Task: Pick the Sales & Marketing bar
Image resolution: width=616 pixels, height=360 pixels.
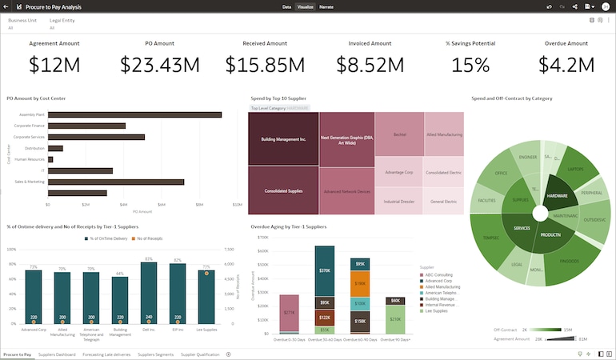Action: pyautogui.click(x=115, y=182)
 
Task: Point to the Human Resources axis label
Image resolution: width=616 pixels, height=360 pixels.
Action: pyautogui.click(x=29, y=159)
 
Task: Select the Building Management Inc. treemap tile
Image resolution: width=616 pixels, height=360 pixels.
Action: pyautogui.click(x=283, y=139)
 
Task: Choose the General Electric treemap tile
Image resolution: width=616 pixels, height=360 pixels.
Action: pyautogui.click(x=443, y=202)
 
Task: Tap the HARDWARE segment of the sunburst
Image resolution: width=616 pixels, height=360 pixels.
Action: pyautogui.click(x=557, y=195)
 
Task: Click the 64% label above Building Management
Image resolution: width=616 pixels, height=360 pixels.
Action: pyautogui.click(x=120, y=274)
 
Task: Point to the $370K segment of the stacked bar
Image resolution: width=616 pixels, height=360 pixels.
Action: pyautogui.click(x=324, y=270)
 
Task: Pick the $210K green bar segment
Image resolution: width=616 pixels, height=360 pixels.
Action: pyautogui.click(x=395, y=318)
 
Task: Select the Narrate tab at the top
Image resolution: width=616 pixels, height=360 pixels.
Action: pyautogui.click(x=326, y=6)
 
